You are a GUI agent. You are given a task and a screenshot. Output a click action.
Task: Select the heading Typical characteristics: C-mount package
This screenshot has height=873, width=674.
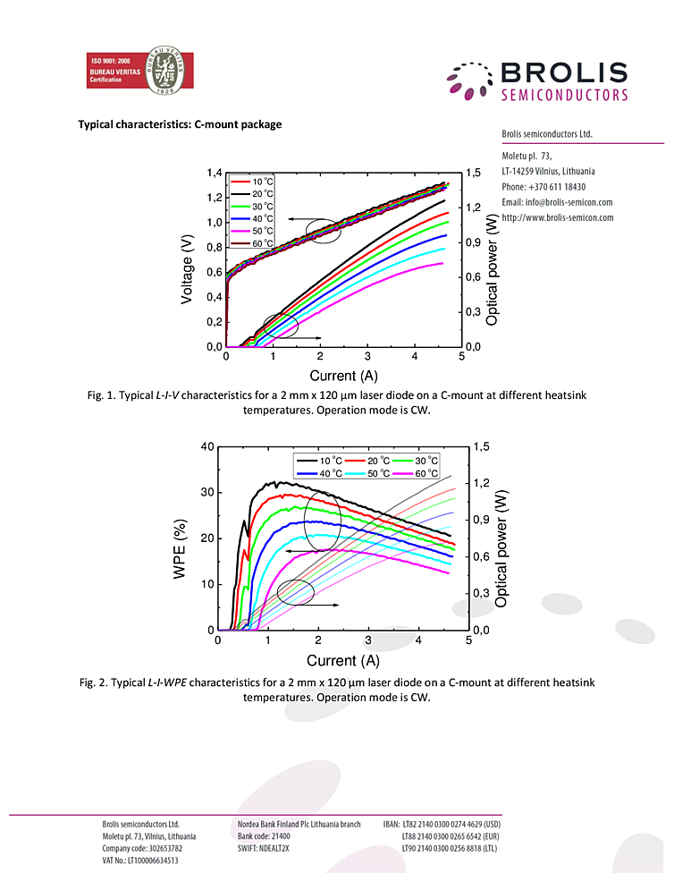(x=180, y=124)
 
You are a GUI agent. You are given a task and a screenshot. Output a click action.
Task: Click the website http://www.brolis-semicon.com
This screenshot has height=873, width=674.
(x=558, y=217)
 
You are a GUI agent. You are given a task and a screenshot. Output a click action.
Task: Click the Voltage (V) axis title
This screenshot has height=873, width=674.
(x=188, y=267)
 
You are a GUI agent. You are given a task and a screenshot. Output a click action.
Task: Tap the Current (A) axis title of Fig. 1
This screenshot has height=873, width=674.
(x=344, y=376)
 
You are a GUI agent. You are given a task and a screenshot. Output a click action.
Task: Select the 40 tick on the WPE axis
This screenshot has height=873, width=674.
(x=207, y=446)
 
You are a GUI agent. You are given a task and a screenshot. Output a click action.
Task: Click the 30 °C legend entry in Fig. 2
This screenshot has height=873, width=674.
(x=422, y=460)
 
